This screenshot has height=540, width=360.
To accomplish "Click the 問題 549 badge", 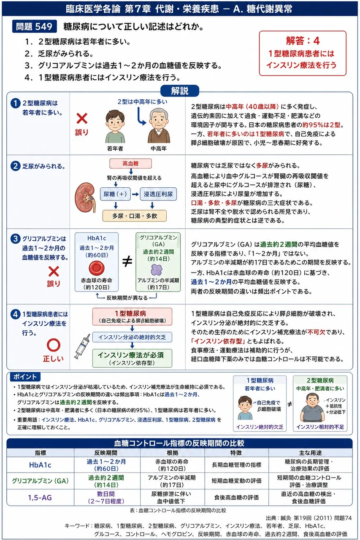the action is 34,26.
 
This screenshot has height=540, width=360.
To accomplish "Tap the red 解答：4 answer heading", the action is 303,40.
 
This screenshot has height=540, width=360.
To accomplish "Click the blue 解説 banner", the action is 180,91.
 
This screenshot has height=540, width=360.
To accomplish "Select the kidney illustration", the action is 85,197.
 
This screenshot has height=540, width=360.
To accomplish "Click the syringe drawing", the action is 82,346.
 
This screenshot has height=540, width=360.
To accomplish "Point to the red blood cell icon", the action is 97,268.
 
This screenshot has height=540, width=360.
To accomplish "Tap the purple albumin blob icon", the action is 157,270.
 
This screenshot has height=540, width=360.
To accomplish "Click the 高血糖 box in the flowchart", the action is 130,163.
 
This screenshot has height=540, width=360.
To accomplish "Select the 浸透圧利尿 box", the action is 158,194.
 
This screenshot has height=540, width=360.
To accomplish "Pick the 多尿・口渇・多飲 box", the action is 135,216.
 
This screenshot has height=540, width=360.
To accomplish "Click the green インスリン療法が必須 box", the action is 132,358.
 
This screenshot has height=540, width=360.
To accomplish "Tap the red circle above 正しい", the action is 53,345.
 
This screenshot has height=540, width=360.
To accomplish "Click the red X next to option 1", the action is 82,119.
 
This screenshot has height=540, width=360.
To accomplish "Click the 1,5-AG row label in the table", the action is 40,497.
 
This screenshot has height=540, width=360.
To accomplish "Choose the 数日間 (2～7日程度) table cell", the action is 106,497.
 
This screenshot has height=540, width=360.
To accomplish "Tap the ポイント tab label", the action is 25,377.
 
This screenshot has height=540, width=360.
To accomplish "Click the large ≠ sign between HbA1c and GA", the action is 127,262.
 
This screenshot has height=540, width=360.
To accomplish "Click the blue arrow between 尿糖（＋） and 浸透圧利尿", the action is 135,194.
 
